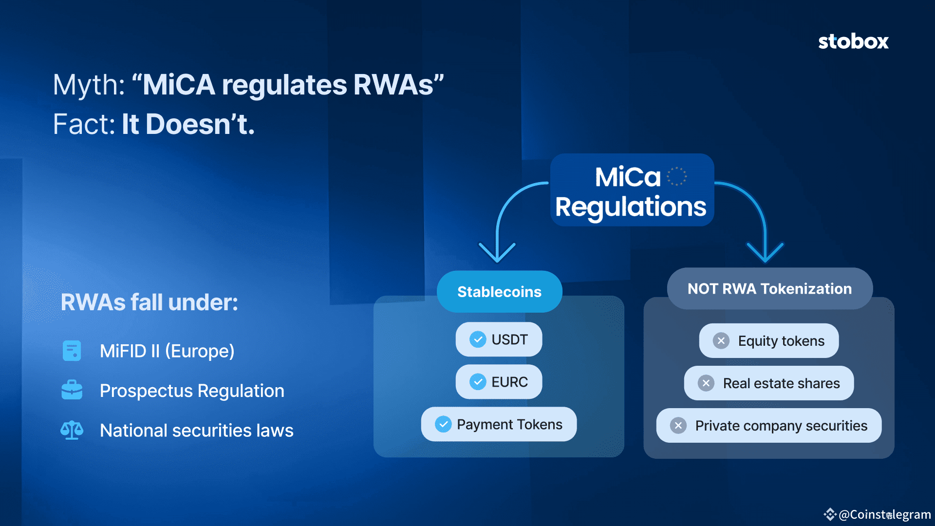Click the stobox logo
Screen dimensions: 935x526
[x=853, y=42]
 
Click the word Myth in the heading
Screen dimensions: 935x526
[x=88, y=85]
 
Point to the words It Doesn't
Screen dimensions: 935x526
[x=188, y=124]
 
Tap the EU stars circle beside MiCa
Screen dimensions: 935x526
[x=676, y=176]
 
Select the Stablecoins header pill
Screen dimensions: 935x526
[x=499, y=291]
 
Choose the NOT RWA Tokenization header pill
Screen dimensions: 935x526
[x=769, y=288]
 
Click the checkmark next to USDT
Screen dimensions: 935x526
[x=478, y=339]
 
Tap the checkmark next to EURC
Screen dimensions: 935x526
[x=478, y=382]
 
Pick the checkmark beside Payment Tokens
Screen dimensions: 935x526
[x=443, y=424]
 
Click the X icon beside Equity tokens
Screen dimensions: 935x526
[x=721, y=341]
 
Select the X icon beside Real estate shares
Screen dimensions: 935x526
[x=706, y=383]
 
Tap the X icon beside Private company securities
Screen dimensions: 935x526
[x=678, y=426]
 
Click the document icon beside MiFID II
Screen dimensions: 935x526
[x=72, y=351]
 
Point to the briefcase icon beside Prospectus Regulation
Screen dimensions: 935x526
[x=72, y=390]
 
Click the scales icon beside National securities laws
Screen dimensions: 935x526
[x=72, y=430]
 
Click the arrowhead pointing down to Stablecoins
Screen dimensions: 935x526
[x=497, y=252]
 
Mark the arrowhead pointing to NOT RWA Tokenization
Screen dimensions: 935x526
[x=765, y=252]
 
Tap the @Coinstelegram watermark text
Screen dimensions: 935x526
[x=884, y=515]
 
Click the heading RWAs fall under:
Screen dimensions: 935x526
[x=150, y=302]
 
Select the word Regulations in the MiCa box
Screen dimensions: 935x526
[x=631, y=207]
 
